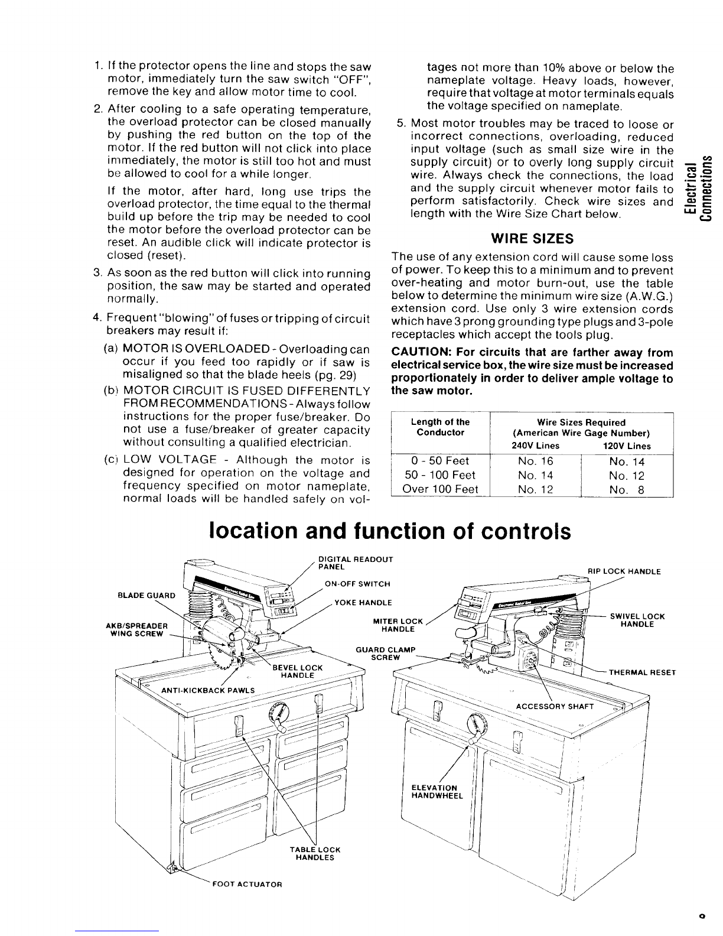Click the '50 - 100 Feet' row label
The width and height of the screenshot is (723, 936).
440,475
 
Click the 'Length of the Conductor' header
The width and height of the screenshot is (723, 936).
440,427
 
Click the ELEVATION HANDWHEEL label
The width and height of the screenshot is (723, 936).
437,791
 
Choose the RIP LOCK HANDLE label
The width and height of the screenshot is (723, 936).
624,571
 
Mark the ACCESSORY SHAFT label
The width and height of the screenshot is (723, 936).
555,706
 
